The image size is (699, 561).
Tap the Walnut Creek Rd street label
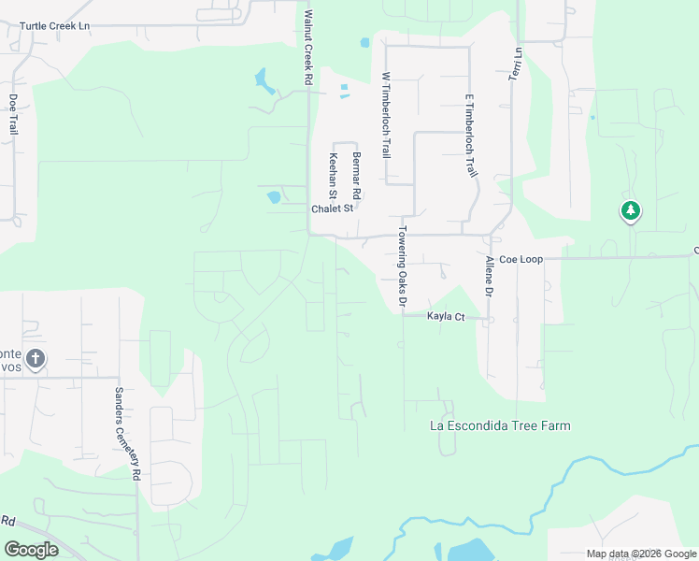pos(307,49)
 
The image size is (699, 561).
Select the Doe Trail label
pos(13,114)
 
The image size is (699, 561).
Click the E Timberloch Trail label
pos(471,137)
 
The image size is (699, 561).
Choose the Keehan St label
pos(332,174)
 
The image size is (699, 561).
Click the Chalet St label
pos(333,209)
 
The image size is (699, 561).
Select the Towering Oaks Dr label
pos(404,266)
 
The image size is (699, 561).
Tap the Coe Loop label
pos(521,258)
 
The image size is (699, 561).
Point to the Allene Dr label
pos(488,277)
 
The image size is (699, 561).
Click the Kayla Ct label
pos(446,317)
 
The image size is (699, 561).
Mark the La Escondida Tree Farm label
pos(499,425)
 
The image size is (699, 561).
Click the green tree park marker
pos(631,211)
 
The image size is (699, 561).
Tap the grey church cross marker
pos(35,358)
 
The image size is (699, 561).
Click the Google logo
pos(31,550)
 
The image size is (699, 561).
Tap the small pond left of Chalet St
pos(274,197)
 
